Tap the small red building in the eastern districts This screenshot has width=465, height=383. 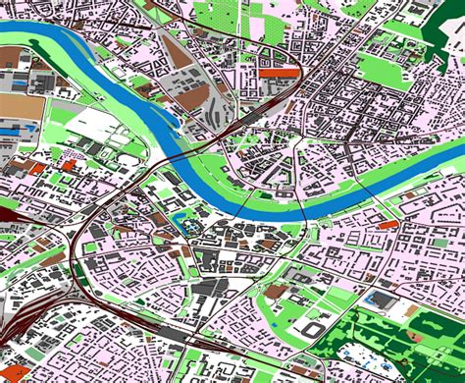click(x=388, y=224)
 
